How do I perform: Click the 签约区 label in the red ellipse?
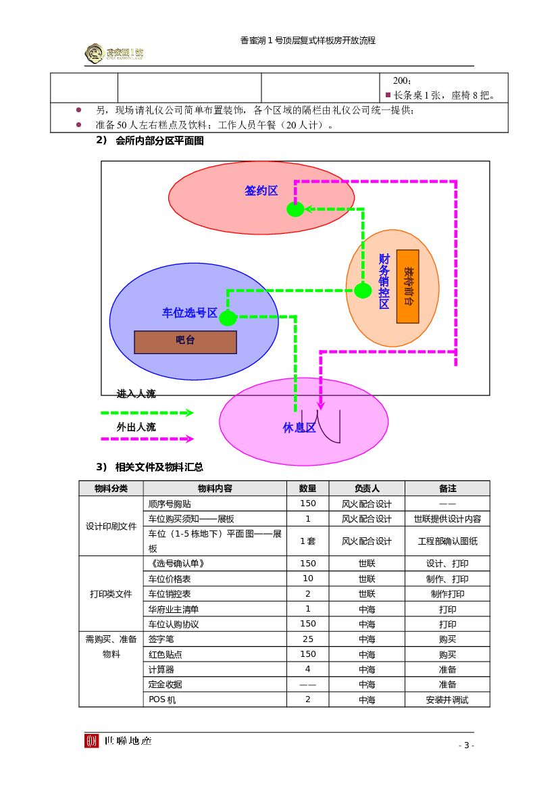coord(261,191)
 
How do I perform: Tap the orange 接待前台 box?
coord(407,287)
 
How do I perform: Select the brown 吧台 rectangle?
coord(185,342)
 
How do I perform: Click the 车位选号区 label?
coord(189,313)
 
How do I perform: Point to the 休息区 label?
coord(299,428)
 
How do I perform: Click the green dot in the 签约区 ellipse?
coord(295,209)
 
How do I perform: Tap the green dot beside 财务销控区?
coord(363,291)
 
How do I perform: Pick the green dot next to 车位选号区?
coord(228,318)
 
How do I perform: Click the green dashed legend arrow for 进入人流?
coord(147,412)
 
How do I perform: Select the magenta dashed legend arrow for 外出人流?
coord(147,439)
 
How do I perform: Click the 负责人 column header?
coord(367,488)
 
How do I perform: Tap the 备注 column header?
coord(447,488)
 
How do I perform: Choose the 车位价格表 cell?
coord(170,579)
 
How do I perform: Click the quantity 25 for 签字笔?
coord(308,639)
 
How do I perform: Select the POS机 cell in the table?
coord(162,699)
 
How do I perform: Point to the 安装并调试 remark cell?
coord(447,699)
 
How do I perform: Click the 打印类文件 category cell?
coord(111,594)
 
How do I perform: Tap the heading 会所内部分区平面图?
coord(159,141)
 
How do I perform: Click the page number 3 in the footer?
coord(466,745)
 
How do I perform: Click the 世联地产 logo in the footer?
coord(118,741)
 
